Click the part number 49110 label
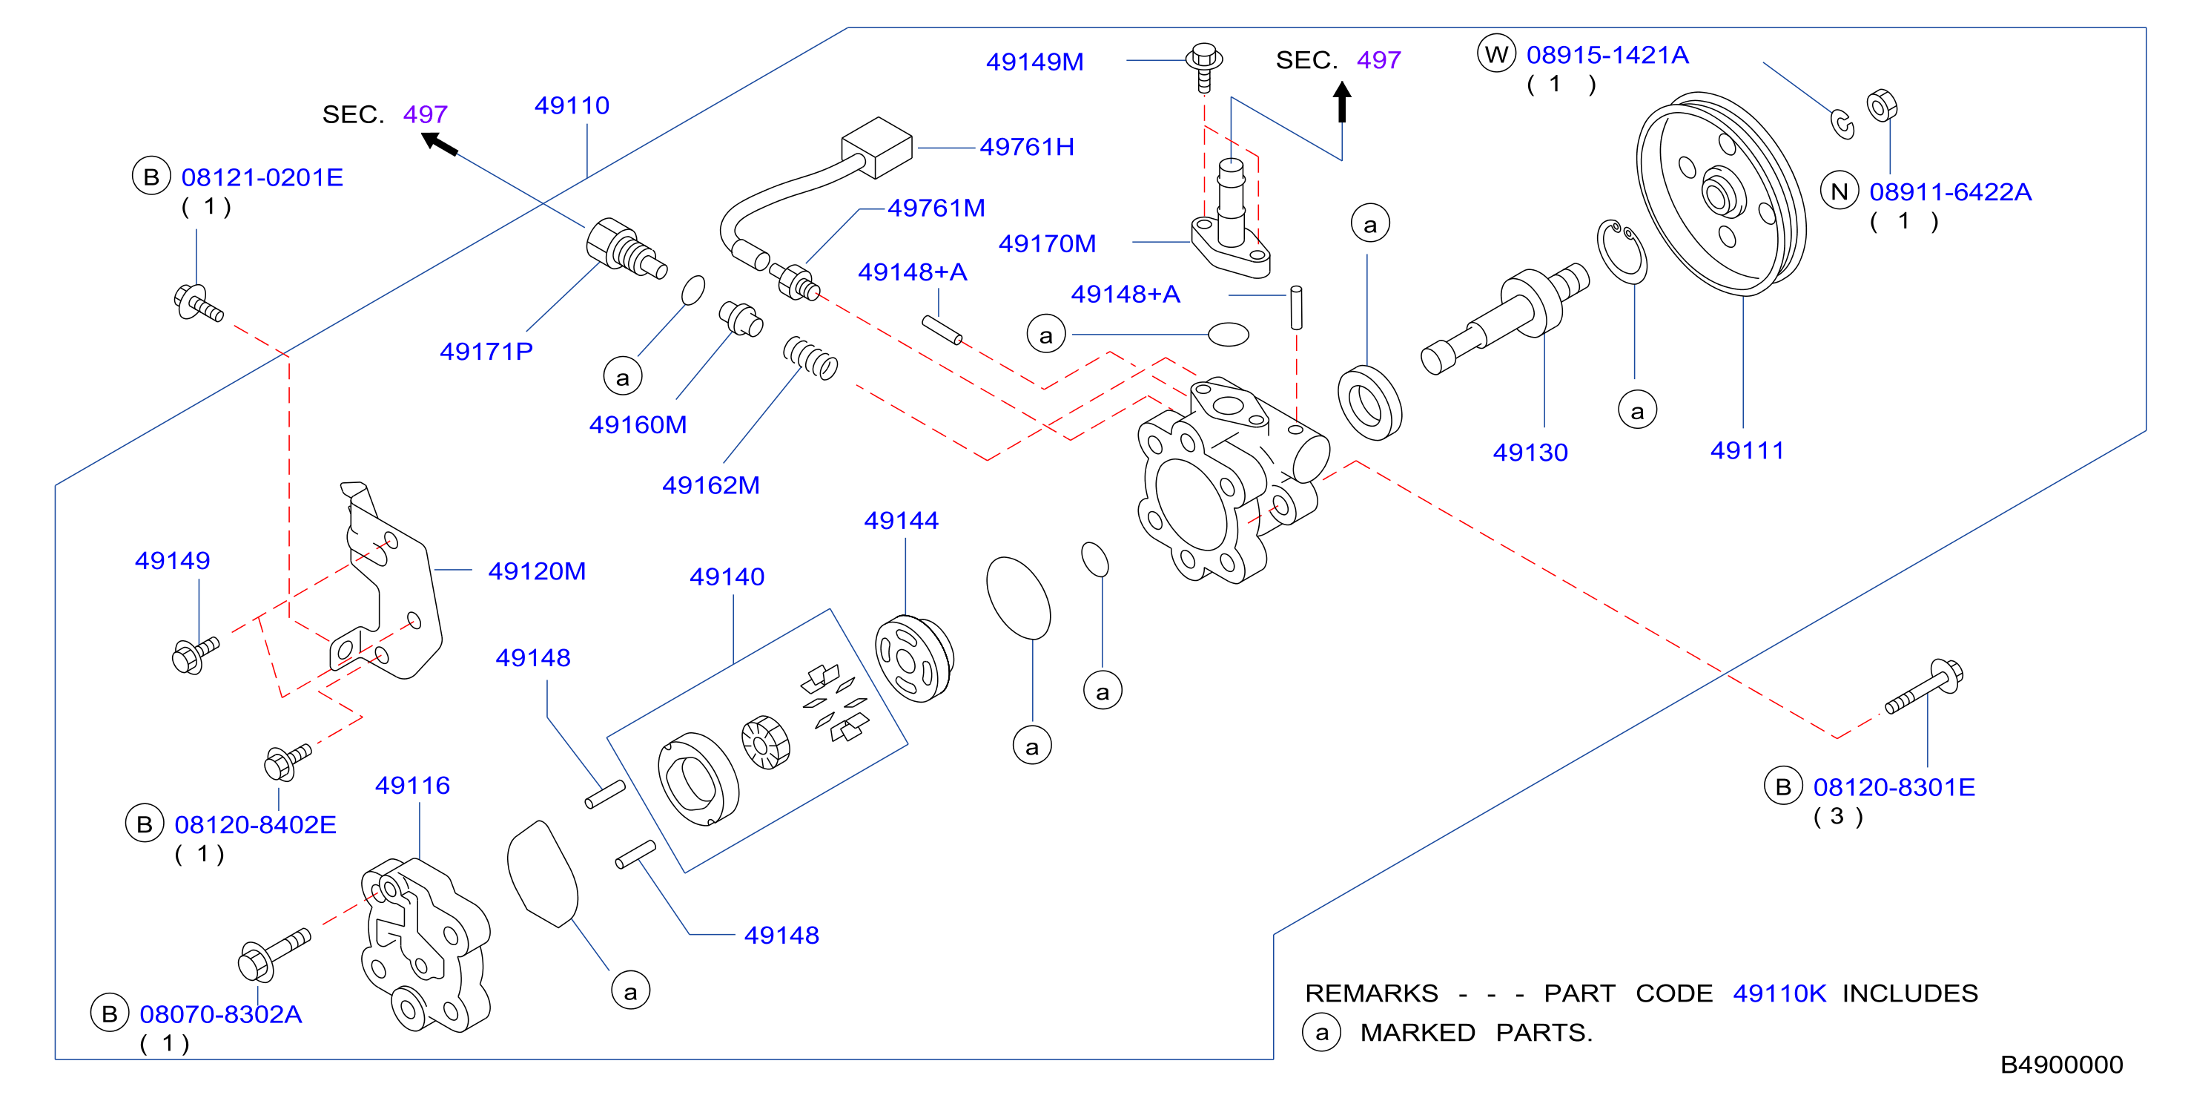[572, 105]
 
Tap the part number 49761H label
[1027, 147]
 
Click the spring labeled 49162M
[810, 358]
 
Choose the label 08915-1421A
[1607, 55]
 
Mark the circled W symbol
[1496, 54]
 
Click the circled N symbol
[1840, 191]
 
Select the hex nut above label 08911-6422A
[1882, 106]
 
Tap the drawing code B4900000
[2061, 1064]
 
